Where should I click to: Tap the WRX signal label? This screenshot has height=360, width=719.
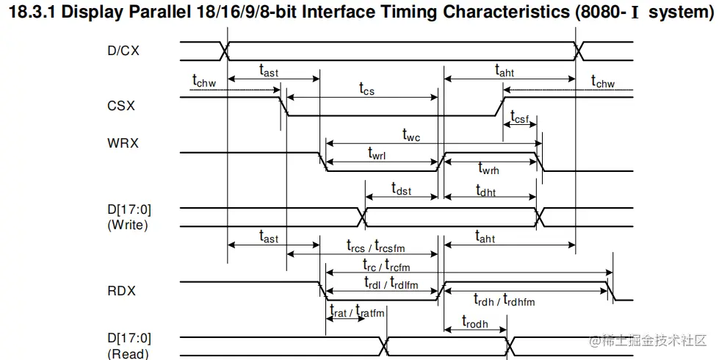tap(122, 143)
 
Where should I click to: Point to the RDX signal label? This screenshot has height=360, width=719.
tap(121, 290)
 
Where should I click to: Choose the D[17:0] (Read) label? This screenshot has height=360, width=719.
tap(127, 346)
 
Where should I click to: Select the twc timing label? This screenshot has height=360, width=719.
tap(411, 134)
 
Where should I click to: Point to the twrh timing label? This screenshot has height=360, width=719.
tap(489, 169)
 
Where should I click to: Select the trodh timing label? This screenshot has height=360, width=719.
tap(474, 321)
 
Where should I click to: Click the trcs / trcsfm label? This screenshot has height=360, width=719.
tap(375, 246)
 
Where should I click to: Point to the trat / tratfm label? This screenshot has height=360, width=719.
tap(356, 312)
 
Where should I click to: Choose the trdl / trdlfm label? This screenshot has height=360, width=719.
tap(391, 282)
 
